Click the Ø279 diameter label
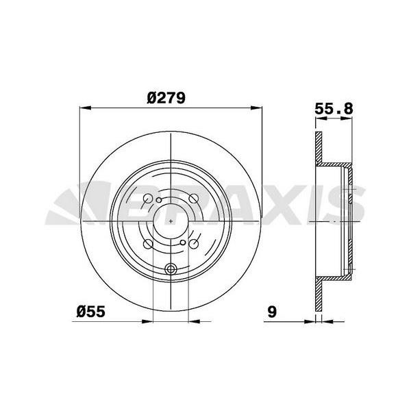[x=166, y=98]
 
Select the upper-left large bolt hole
[x=147, y=199]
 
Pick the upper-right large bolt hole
[x=195, y=199]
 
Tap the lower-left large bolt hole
[x=147, y=244]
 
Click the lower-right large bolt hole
[x=194, y=244]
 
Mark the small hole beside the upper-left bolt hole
[x=159, y=200]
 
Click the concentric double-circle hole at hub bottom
[x=171, y=269]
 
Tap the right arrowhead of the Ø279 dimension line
[x=258, y=108]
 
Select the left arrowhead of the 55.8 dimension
[x=319, y=119]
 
